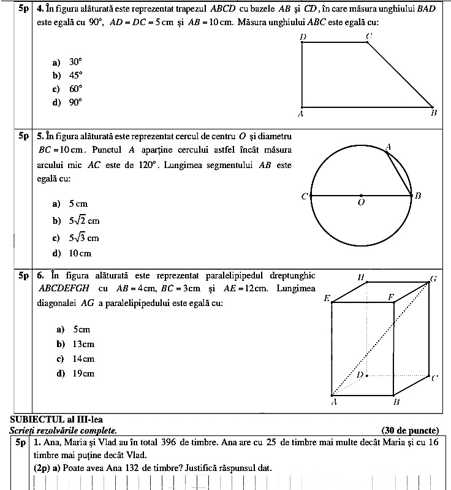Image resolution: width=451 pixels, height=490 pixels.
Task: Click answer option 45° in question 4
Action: click(x=75, y=75)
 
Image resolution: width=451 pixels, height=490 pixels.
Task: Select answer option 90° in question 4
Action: click(x=75, y=102)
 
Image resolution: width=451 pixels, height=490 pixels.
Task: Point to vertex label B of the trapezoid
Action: click(x=433, y=113)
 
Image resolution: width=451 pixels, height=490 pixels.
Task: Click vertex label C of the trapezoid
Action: click(x=368, y=37)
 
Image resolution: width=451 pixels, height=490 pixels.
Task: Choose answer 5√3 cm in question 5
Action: click(x=83, y=238)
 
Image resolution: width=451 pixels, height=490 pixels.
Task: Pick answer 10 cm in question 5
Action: click(x=80, y=253)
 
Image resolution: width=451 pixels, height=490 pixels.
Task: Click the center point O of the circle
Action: click(x=361, y=196)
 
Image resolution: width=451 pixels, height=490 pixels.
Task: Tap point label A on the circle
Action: click(x=388, y=147)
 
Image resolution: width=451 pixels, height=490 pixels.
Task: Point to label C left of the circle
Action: click(x=305, y=196)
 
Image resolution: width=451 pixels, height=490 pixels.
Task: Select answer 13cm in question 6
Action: click(x=83, y=344)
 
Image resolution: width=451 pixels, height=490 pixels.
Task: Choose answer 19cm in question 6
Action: click(x=83, y=373)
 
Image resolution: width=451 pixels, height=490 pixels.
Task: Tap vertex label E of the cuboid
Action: click(x=327, y=299)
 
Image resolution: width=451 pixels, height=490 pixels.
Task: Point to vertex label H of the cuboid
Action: click(x=362, y=277)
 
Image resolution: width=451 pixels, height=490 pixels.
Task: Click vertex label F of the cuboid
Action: click(x=390, y=297)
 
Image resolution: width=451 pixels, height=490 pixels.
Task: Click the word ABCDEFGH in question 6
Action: click(x=64, y=288)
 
